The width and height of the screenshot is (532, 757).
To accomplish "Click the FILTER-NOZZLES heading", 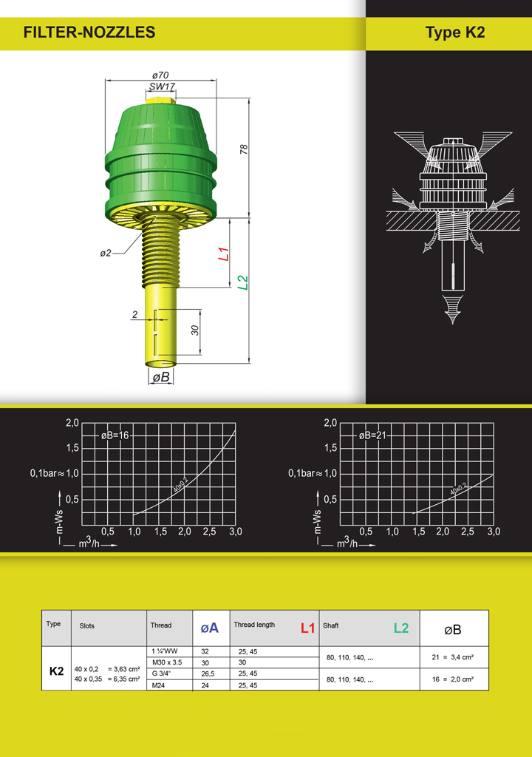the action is point(89,33).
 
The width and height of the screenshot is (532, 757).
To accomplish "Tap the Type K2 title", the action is point(454,33).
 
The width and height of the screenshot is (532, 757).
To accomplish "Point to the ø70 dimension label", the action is point(160,75).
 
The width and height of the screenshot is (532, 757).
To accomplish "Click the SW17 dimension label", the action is point(162,86).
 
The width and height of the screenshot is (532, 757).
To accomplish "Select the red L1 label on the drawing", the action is point(224,254).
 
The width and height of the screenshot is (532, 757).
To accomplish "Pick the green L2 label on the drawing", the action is point(243,282).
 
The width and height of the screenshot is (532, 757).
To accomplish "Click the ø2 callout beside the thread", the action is point(106,253).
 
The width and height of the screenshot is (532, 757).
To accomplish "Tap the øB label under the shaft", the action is point(161,377).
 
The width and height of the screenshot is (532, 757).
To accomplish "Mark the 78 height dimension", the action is point(244,149).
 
